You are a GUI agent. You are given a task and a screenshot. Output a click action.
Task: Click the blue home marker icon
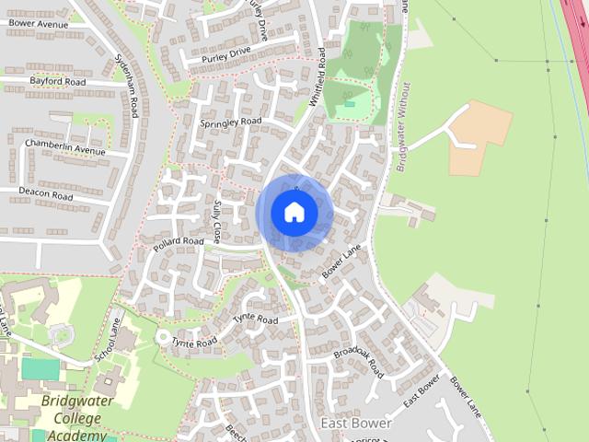pos(294,212)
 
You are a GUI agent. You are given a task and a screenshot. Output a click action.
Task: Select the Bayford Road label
pos(57,82)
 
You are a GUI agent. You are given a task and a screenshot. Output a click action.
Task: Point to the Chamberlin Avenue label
pos(66,146)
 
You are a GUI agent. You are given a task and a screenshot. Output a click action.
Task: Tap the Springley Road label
pos(231,122)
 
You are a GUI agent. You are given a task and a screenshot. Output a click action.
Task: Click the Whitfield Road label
pos(319,78)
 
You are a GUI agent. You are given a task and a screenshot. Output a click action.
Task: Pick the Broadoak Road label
pos(358,357)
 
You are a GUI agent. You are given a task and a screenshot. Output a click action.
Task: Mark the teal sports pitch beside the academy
pos(40,369)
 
